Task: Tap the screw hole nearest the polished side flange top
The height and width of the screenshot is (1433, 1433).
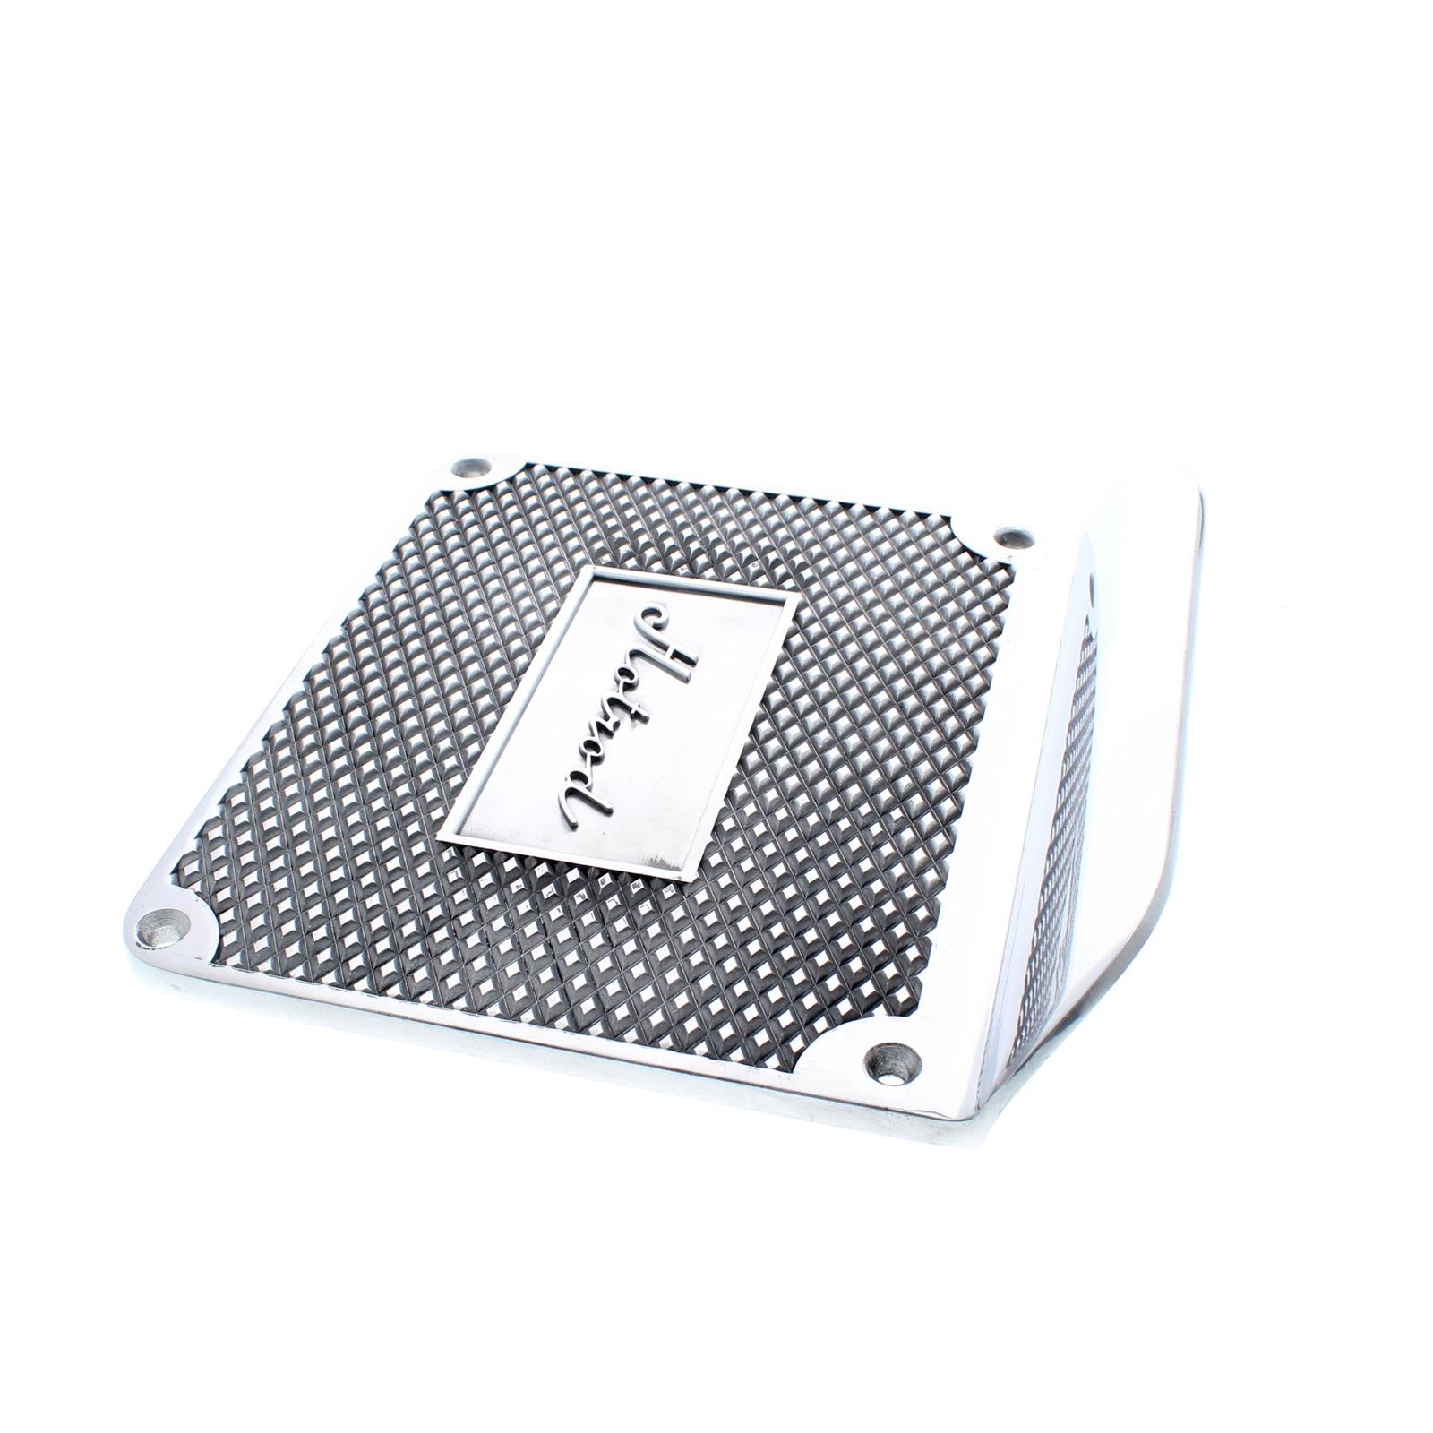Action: (x=1013, y=537)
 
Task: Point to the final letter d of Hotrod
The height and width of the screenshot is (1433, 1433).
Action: (x=582, y=799)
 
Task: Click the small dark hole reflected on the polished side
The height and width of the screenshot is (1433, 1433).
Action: (x=1092, y=588)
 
